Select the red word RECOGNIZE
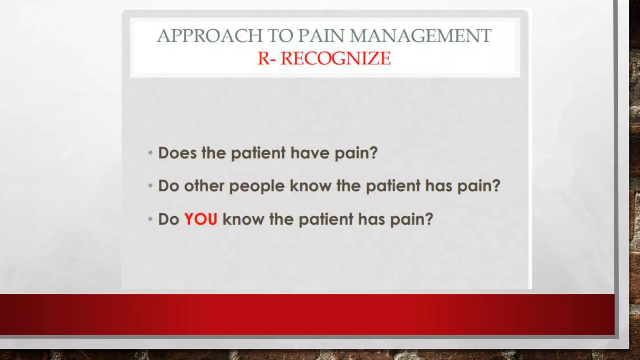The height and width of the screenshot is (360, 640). point(335,58)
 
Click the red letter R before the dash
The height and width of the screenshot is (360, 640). point(263,58)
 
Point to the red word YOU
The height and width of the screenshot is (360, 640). point(201,219)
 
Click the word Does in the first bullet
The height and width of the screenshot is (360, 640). point(177,153)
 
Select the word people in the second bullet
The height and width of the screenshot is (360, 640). point(257,186)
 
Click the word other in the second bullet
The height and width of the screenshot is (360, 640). point(204,186)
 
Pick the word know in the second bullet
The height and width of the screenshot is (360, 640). point(310,186)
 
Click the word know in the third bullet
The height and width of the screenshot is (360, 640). point(243,219)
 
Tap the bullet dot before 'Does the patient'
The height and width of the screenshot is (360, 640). point(150,153)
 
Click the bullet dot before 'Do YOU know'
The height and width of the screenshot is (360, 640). point(150,219)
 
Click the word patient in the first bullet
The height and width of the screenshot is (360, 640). point(258,153)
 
